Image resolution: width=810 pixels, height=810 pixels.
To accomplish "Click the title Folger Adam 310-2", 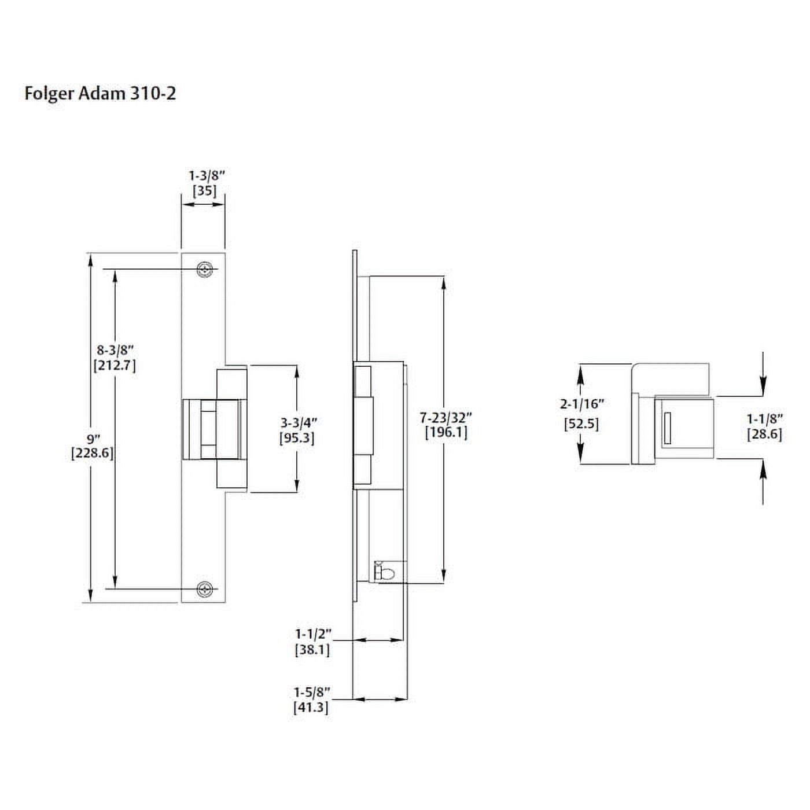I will point(100,93).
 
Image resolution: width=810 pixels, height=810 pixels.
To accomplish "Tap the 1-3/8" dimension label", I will point(207,175).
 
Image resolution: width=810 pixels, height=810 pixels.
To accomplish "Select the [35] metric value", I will point(204,190).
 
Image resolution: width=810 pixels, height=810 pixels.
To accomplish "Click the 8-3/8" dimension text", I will point(115,350).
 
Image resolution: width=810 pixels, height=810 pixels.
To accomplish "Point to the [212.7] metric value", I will point(115,366).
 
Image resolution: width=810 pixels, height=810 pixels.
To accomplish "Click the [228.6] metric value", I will point(92,453).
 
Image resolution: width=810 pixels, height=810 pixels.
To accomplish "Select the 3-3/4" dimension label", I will point(298,423).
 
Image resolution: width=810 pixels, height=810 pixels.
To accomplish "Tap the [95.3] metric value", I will point(297,438).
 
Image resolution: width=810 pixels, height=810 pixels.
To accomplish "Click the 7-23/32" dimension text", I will point(446,417).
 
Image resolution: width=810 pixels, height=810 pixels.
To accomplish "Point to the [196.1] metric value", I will point(446,432).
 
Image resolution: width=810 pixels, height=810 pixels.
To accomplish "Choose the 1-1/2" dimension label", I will point(313,634).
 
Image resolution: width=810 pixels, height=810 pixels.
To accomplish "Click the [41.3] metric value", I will point(311,707).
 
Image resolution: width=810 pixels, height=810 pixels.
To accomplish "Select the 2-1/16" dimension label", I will point(581,404).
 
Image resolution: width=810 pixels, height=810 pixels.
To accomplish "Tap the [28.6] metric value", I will point(764,434).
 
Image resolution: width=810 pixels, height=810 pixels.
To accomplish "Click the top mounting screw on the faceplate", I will point(204,270).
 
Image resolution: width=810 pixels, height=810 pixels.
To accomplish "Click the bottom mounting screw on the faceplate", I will point(204,589).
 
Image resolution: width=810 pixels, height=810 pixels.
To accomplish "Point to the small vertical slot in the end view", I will point(667,428).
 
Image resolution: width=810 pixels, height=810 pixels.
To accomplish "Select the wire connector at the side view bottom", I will point(385,572).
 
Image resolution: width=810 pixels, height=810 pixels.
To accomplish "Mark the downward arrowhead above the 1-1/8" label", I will point(763,386).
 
